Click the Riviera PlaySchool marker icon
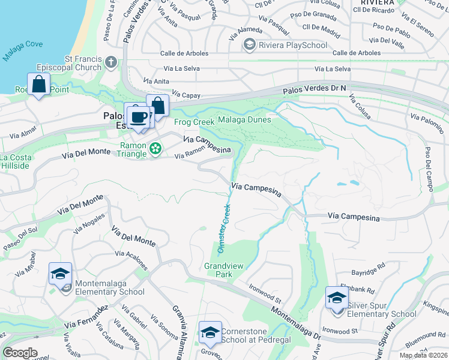(x=249, y=45)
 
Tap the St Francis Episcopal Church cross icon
(x=111, y=62)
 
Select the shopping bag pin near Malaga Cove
(x=39, y=85)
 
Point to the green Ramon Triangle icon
(x=155, y=148)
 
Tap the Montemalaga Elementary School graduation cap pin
(x=60, y=274)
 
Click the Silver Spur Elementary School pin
(x=337, y=298)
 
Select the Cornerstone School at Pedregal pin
(x=210, y=332)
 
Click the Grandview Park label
(x=218, y=269)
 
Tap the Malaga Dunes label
(x=243, y=119)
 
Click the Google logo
(x=20, y=353)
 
